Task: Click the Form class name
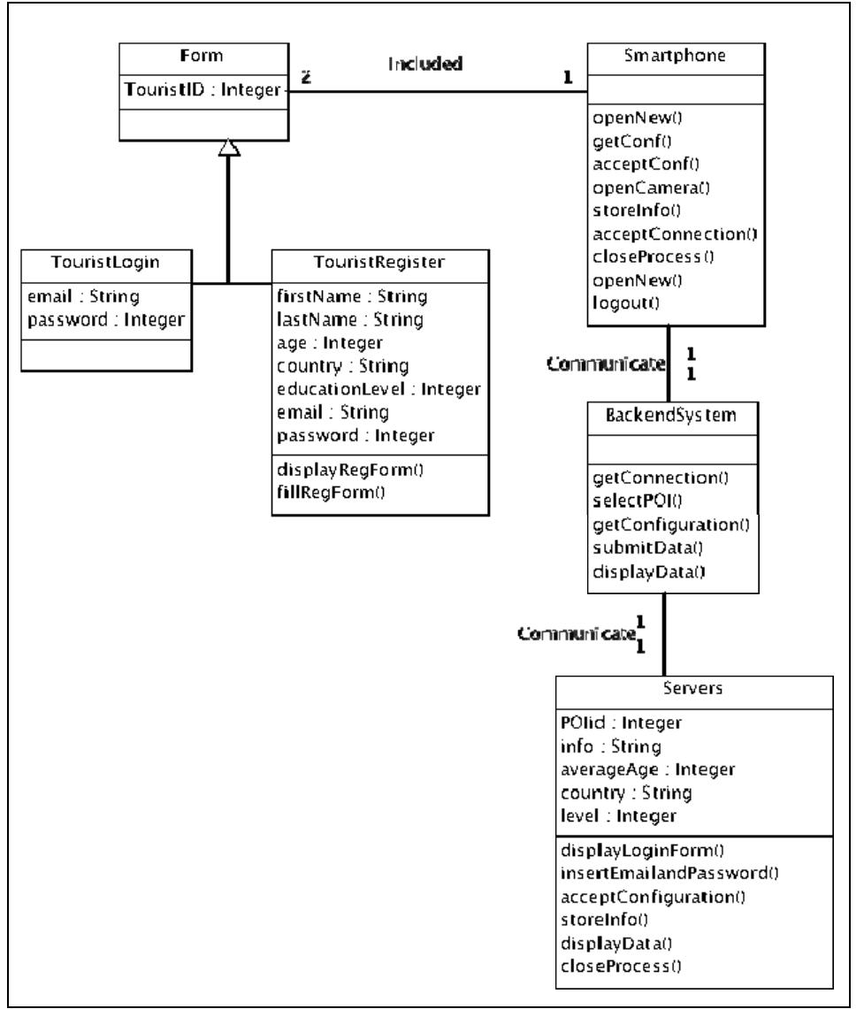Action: (x=202, y=56)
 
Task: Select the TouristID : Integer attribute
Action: (x=203, y=89)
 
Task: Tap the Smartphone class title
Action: (x=675, y=56)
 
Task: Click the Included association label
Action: (x=425, y=63)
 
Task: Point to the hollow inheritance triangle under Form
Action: (x=229, y=148)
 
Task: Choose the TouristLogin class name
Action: (x=105, y=263)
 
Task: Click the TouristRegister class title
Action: (x=379, y=262)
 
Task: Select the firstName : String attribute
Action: (x=352, y=296)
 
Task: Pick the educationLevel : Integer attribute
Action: (x=378, y=389)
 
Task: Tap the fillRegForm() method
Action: (x=331, y=493)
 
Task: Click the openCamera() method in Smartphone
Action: (x=651, y=187)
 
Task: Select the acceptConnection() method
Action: (x=675, y=234)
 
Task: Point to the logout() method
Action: (x=626, y=303)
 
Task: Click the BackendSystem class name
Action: (x=671, y=415)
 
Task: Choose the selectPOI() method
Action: (x=637, y=501)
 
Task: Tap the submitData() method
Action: (x=648, y=547)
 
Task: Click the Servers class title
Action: (x=692, y=689)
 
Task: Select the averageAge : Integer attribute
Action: (x=647, y=769)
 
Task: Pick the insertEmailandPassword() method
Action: (x=669, y=873)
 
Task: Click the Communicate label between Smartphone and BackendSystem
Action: (x=606, y=364)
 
